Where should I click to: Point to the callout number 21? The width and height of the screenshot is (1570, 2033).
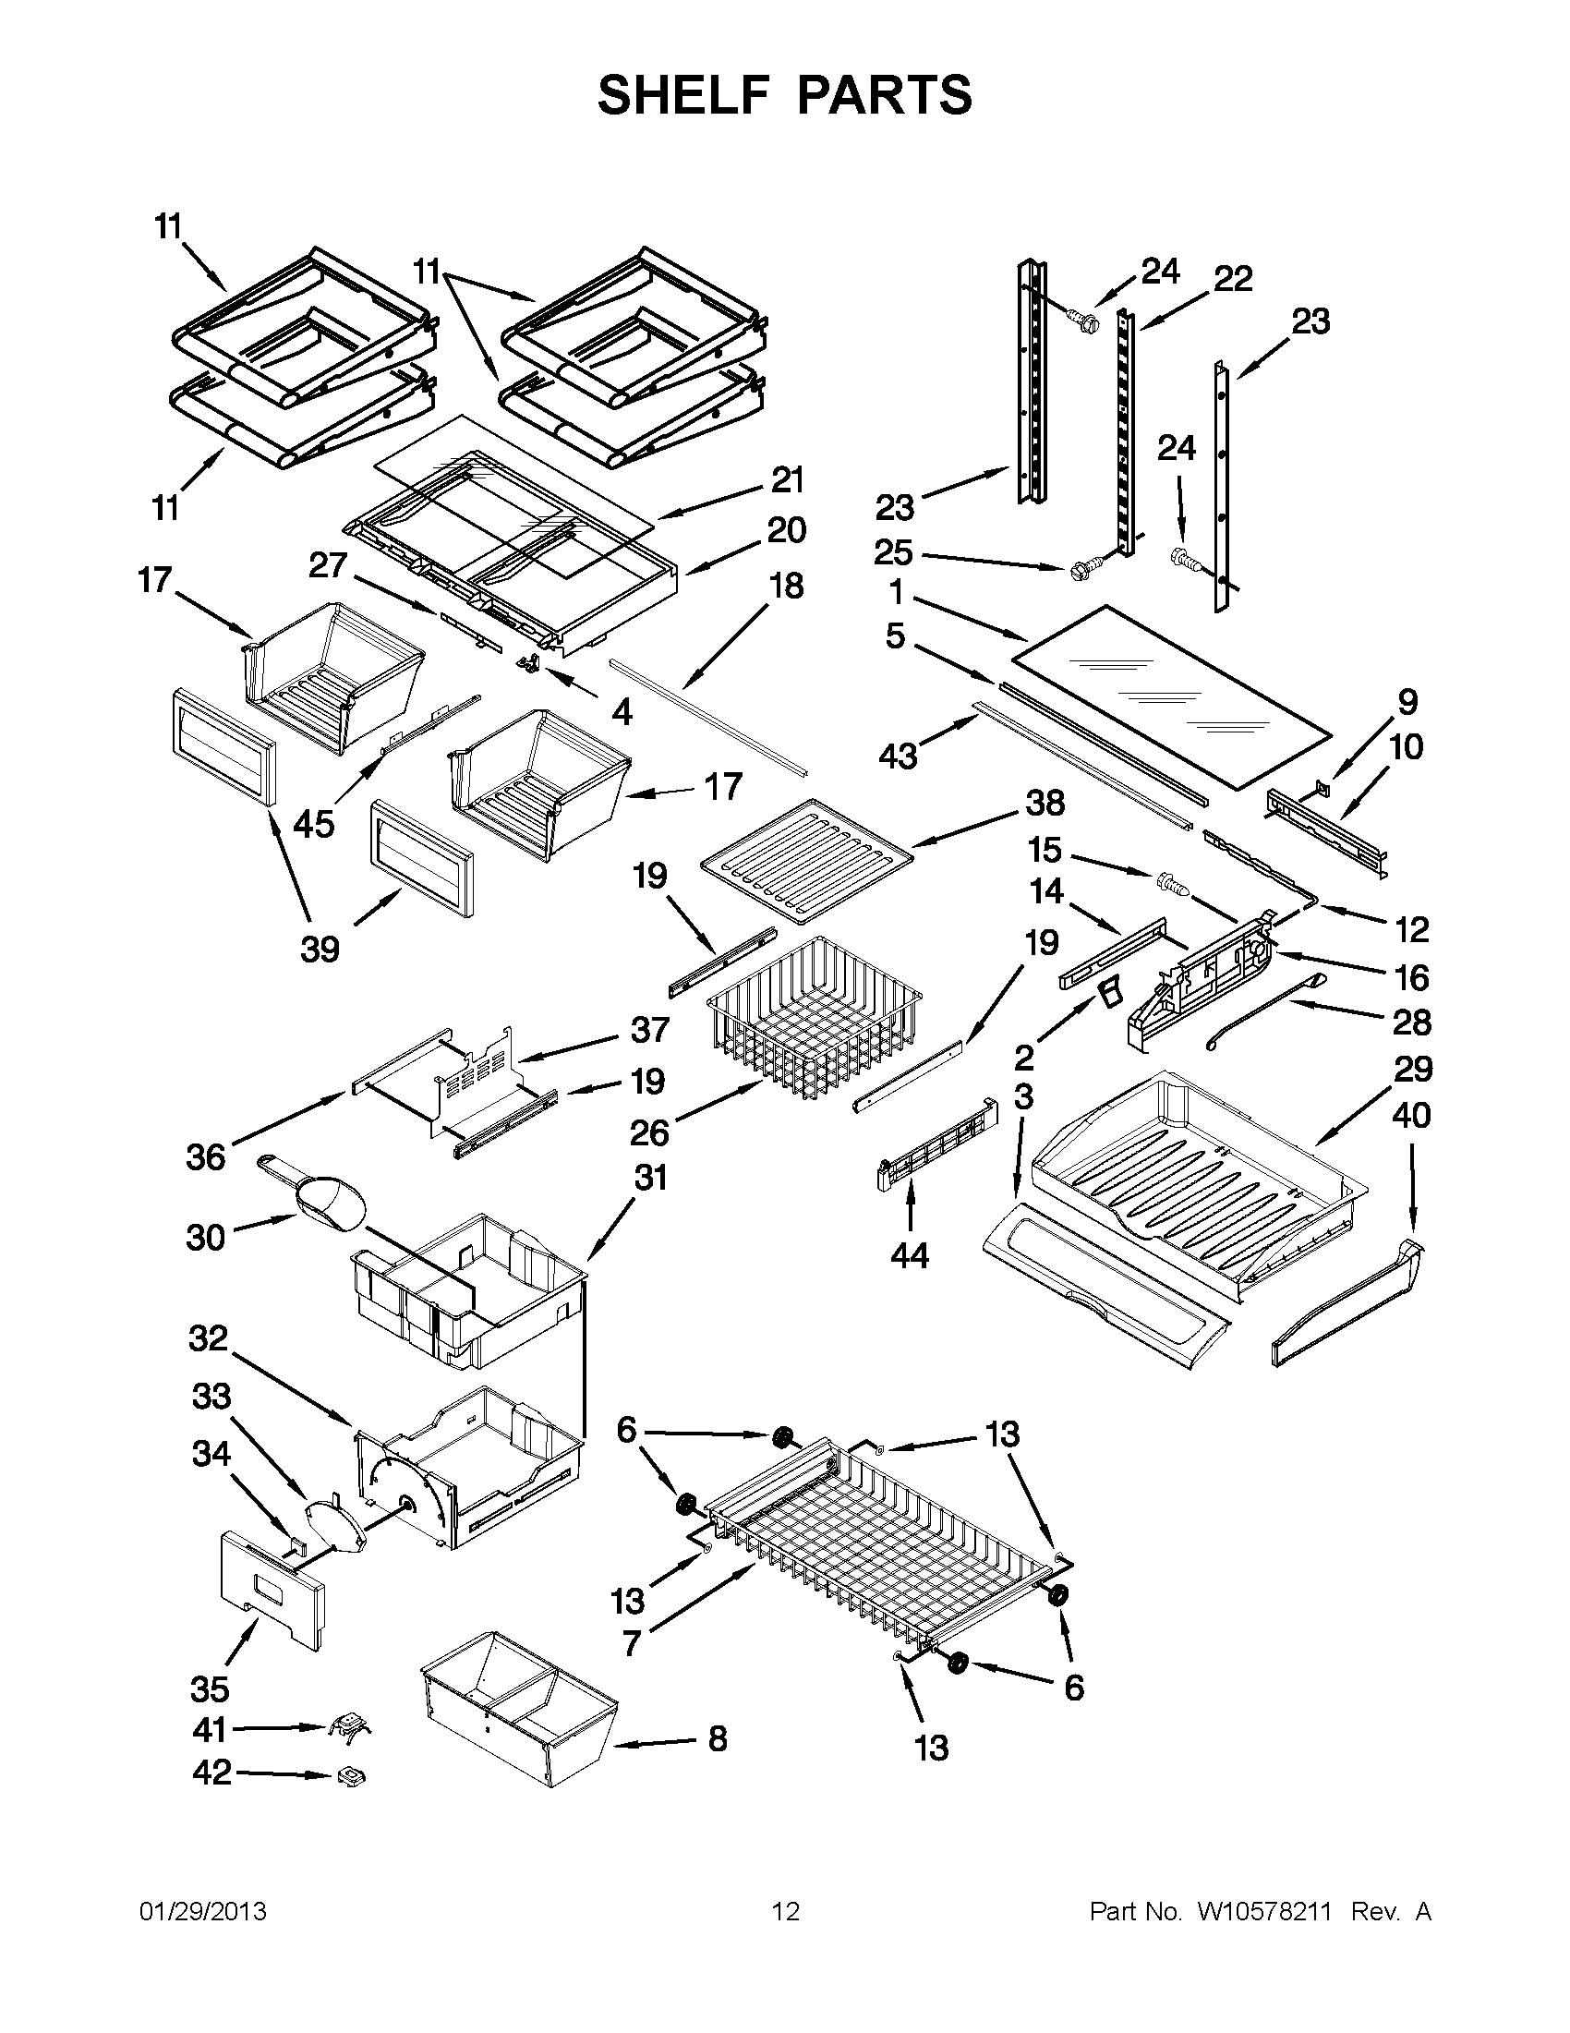click(x=788, y=480)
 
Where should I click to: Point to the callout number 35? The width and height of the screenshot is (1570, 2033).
click(x=210, y=1688)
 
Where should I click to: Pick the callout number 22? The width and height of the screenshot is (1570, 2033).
click(x=1233, y=278)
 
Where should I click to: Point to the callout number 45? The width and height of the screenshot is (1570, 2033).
click(x=314, y=824)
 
